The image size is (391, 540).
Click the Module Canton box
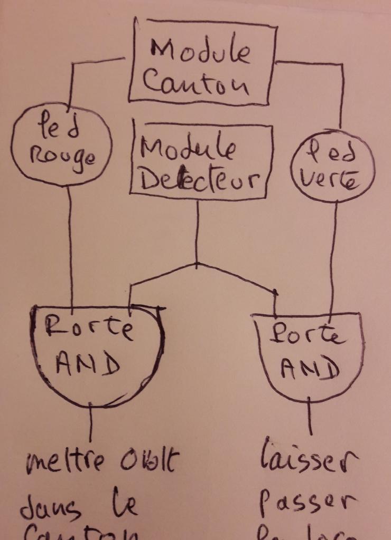point(202,63)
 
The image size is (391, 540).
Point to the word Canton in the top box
point(196,84)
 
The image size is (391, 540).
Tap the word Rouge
point(62,157)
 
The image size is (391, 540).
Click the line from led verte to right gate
point(334,253)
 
